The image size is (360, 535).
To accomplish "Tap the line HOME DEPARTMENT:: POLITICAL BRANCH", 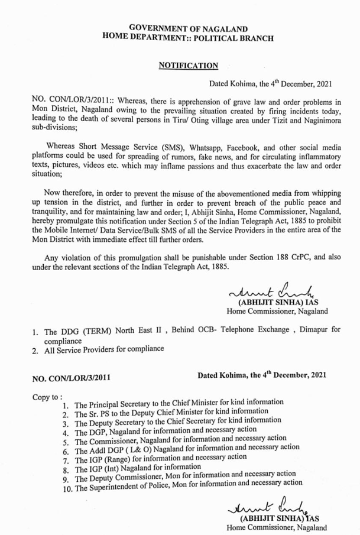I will coord(188,38).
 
